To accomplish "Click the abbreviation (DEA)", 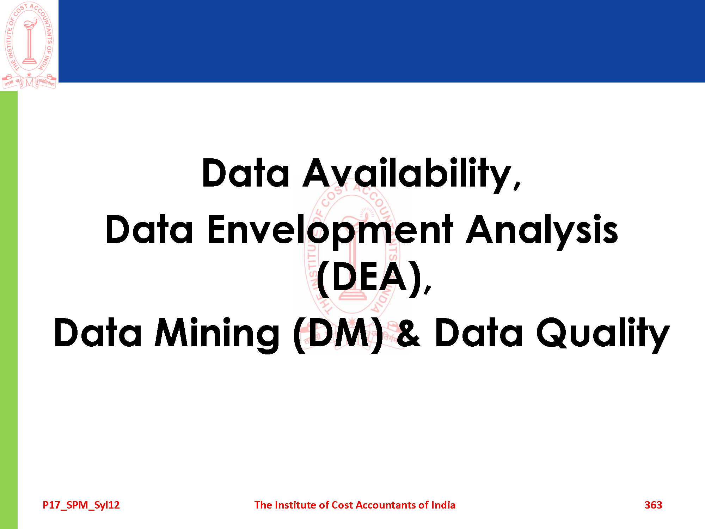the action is pyautogui.click(x=369, y=279).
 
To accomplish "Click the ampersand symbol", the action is pyautogui.click(x=409, y=332).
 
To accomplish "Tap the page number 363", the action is pyautogui.click(x=653, y=505).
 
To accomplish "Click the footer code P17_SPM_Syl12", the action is pyautogui.click(x=81, y=505).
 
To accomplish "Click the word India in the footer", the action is pyautogui.click(x=443, y=505).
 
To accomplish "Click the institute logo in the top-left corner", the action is pyautogui.click(x=29, y=45).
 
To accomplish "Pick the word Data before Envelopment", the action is pyautogui.click(x=149, y=230).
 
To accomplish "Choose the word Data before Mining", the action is pyautogui.click(x=98, y=333).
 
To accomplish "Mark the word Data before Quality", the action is pyautogui.click(x=479, y=333).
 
